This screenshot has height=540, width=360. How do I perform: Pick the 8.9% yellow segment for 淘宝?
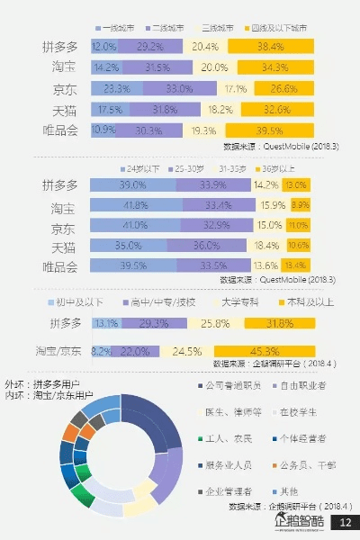coord(301,205)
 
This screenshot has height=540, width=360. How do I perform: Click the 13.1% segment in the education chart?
coord(105,323)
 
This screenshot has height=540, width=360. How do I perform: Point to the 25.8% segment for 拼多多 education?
coord(212,323)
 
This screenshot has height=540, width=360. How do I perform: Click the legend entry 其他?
coord(287,491)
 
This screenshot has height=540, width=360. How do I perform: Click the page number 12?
coord(345,523)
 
